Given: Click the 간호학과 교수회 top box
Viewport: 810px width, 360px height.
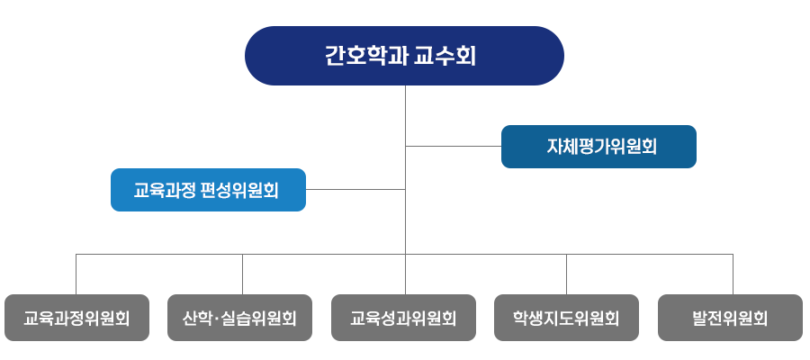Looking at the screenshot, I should (x=404, y=56).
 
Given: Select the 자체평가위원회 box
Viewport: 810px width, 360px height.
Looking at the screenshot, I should (x=598, y=147).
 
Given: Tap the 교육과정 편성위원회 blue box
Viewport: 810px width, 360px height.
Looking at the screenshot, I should (x=208, y=190).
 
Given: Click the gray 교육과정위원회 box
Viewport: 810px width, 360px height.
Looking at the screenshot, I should (x=76, y=318).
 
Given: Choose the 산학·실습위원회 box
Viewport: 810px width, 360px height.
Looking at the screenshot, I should (x=239, y=318).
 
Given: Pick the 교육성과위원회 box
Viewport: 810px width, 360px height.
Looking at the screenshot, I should (x=403, y=318).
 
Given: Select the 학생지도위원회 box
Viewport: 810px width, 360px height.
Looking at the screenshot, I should (x=566, y=318).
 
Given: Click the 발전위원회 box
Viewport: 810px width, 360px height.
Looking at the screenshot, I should (x=730, y=318).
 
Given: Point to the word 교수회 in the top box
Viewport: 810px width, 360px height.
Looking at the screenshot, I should (x=445, y=57).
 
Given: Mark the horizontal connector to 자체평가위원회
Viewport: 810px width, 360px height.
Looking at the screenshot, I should (x=454, y=146).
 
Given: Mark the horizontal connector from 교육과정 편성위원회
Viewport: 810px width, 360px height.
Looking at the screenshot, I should (x=355, y=190).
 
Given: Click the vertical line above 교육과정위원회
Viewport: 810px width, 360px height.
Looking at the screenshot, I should (x=76, y=274).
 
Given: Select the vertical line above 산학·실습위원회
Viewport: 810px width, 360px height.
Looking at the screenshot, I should (x=243, y=274).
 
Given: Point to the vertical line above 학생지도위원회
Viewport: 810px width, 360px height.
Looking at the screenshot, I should (x=566, y=274).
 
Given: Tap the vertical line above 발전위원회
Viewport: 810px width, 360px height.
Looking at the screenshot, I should (x=733, y=274).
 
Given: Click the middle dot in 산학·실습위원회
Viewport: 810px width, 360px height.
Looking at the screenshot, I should (x=220, y=319).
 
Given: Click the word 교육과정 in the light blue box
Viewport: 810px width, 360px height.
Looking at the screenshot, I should (x=166, y=191).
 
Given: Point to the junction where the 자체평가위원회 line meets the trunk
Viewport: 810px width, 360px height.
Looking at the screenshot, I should (x=406, y=146).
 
